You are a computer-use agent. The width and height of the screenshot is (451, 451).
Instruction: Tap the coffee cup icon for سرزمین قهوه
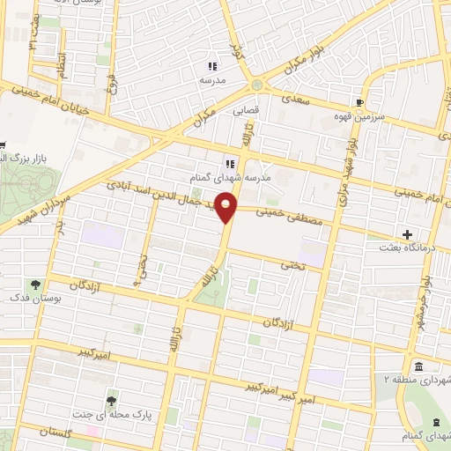pyautogui.click(x=359, y=101)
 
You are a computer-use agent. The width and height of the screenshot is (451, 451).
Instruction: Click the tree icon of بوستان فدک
pyautogui.click(x=35, y=285)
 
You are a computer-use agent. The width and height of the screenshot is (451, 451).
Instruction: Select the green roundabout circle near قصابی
pyautogui.click(x=256, y=85)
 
